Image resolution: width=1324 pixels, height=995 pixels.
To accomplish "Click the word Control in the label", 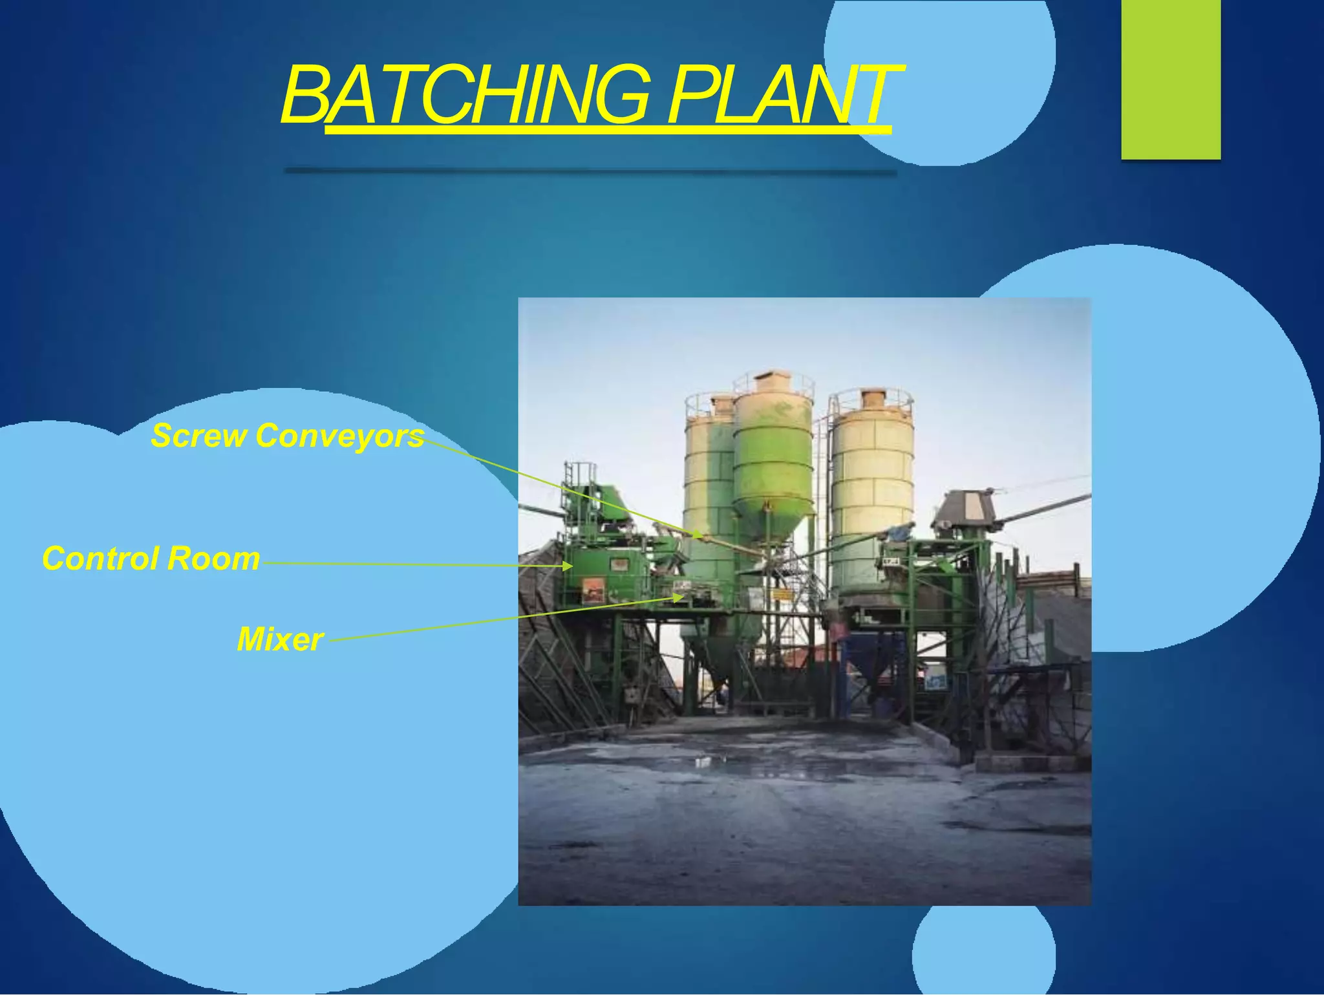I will (102, 559).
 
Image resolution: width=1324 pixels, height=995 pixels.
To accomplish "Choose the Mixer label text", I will (280, 639).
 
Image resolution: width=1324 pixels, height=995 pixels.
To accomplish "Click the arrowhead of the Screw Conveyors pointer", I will (698, 535).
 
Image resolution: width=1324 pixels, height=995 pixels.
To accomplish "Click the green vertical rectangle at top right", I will (1171, 79).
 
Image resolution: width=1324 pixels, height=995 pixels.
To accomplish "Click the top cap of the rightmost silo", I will (872, 397).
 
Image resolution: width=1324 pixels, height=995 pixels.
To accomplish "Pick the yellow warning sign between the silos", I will (781, 595).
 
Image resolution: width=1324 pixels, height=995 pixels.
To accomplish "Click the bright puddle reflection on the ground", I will (705, 762).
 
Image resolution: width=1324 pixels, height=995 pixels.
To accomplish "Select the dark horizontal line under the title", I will (590, 171).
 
